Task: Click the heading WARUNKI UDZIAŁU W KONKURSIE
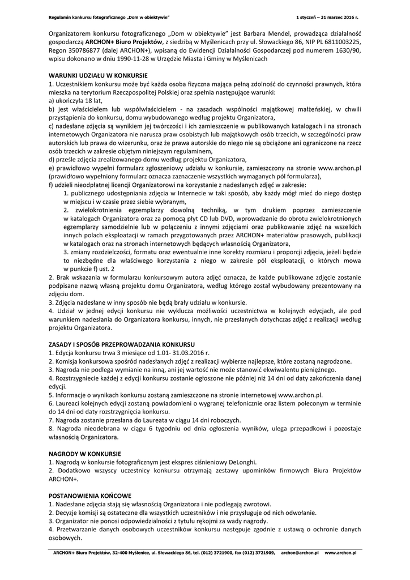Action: [x=98, y=75]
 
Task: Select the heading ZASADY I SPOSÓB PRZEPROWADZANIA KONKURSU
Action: [x=122, y=344]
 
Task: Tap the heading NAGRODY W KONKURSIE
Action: [x=84, y=454]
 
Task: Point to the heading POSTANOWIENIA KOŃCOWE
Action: [x=90, y=494]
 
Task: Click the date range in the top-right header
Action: [x=328, y=18]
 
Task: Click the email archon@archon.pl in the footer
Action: [x=300, y=553]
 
